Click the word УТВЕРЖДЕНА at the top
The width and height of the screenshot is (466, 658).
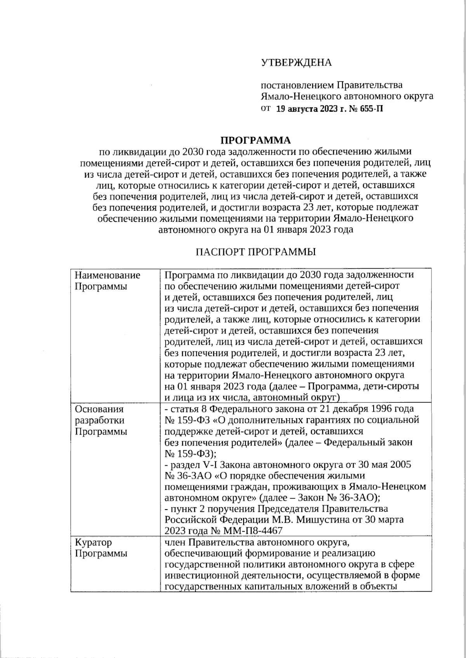pos(296,63)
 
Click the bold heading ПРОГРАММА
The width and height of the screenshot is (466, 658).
pos(256,140)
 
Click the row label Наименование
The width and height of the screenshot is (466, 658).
pos(108,275)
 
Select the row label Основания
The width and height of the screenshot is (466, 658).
pos(99,409)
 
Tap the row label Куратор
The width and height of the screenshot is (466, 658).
pos(93,542)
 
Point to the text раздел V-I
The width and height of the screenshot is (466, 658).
pos(191,464)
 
